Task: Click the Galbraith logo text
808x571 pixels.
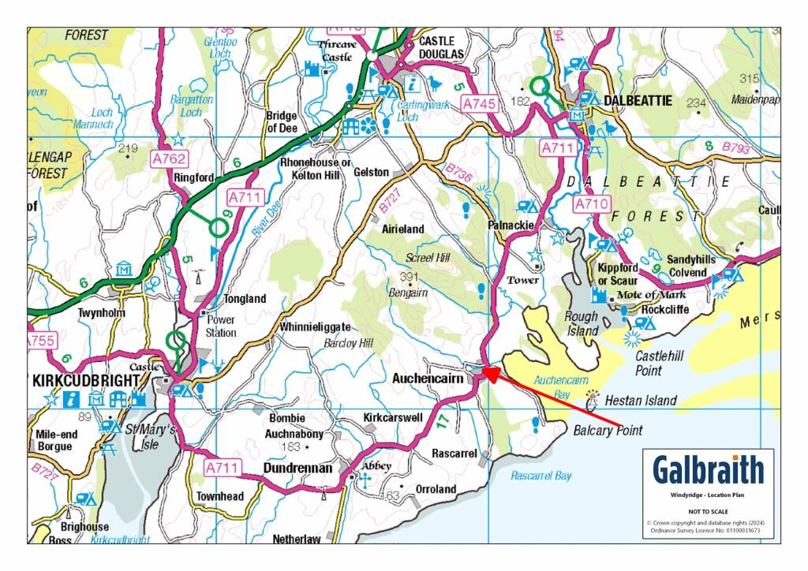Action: (x=709, y=469)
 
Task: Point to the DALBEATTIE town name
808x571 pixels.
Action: (x=637, y=101)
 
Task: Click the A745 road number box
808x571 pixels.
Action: (x=480, y=103)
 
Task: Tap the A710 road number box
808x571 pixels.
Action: (x=591, y=204)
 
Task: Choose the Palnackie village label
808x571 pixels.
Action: (x=516, y=226)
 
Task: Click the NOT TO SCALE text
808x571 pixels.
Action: (x=708, y=511)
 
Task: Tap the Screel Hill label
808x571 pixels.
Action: (x=426, y=258)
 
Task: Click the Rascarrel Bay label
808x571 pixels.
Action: (x=541, y=476)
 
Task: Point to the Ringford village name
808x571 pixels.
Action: (x=193, y=178)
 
